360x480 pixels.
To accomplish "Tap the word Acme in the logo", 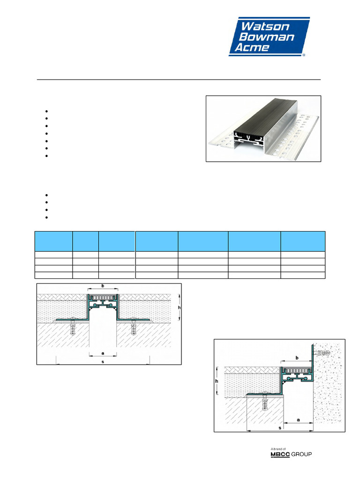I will click(254, 48).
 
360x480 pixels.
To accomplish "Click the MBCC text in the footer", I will click(281, 454).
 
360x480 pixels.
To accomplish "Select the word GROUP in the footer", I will click(301, 454).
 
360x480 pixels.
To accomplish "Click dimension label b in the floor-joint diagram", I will click(103, 285).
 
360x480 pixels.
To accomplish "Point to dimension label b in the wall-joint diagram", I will click(296, 358).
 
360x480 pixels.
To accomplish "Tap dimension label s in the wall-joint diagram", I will click(279, 428).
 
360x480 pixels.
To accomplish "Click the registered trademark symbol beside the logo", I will click(304, 55).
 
